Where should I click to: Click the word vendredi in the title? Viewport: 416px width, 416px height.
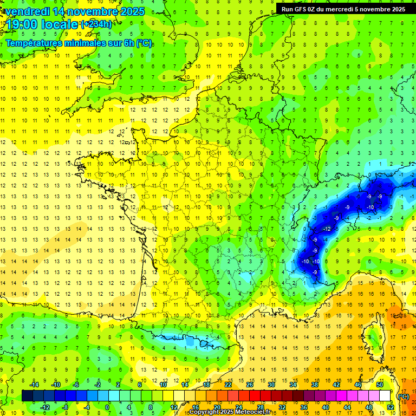coord(28,11)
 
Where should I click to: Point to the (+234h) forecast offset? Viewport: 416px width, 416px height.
coord(96,24)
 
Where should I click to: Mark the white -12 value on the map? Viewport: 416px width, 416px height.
coord(327,229)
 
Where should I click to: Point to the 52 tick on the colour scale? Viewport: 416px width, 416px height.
coord(391,407)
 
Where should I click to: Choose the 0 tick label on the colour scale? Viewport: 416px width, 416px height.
coord(107,407)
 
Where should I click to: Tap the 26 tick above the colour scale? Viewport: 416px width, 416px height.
coord(250,384)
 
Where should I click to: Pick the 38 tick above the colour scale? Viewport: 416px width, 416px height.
coord(314,384)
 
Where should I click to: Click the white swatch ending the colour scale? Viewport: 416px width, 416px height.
coord(385,395)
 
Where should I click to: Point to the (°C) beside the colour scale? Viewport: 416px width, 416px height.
coord(403,396)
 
